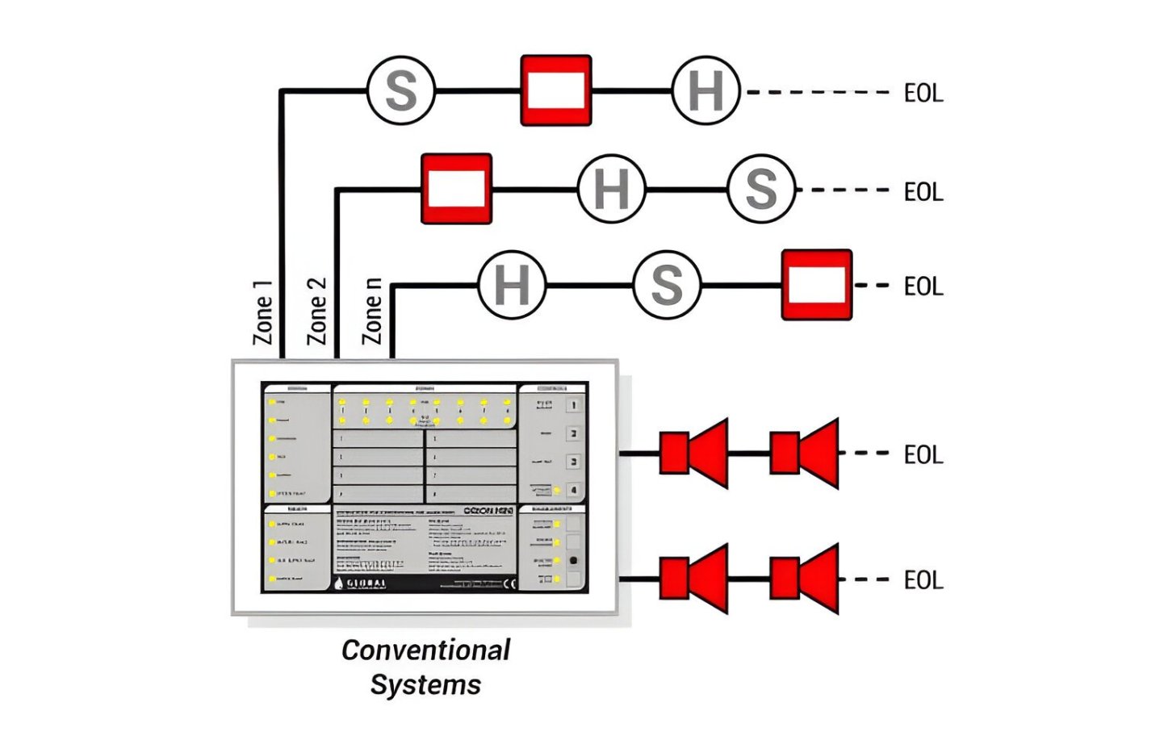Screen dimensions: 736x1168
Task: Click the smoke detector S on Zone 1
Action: [x=401, y=90]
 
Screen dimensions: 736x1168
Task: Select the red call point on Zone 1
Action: [x=555, y=90]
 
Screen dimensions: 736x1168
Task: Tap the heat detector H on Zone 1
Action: [x=705, y=90]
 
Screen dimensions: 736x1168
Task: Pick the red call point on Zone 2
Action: [x=456, y=189]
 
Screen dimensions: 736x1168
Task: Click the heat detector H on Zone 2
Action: [x=611, y=189]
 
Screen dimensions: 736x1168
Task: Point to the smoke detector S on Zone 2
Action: [x=761, y=189]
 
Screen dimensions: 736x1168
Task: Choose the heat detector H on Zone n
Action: [x=512, y=285]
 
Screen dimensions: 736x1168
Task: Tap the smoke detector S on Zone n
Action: [x=667, y=285]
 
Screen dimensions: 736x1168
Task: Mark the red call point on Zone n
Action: [x=816, y=285]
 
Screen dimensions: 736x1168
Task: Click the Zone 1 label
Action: [x=263, y=312]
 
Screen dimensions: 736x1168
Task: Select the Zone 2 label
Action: [x=317, y=311]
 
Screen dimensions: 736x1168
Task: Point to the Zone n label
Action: [x=372, y=311]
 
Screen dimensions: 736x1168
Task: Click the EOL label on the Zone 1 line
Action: [x=923, y=94]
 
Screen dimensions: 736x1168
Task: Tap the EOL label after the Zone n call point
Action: [x=923, y=286]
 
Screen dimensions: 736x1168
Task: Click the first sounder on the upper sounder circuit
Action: [x=693, y=453]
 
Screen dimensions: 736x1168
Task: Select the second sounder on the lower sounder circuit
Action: [x=803, y=579]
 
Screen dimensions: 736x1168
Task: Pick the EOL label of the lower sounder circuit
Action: [x=923, y=580]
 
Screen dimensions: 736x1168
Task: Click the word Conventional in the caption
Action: [x=425, y=650]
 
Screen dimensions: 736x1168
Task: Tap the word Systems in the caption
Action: [x=425, y=684]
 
